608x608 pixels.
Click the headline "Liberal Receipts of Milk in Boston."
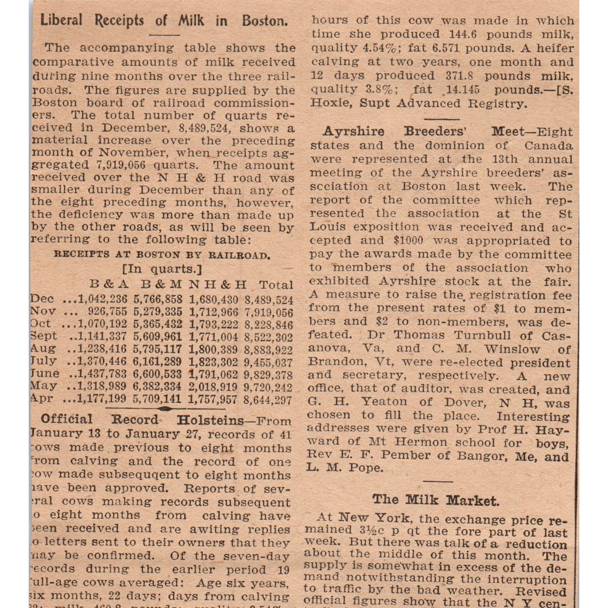coord(164,20)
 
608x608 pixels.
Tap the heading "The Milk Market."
coord(435,500)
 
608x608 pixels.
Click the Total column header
coord(276,285)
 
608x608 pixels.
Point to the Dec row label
coord(42,299)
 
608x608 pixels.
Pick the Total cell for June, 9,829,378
coord(268,374)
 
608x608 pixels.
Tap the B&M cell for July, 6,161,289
coord(157,362)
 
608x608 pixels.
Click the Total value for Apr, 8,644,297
coord(268,399)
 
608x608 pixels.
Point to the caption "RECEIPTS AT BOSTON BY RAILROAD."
coord(162,255)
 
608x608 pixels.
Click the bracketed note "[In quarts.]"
coord(162,269)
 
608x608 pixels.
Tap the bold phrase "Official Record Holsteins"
coord(142,420)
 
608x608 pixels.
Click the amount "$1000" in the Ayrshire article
coord(409,241)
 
